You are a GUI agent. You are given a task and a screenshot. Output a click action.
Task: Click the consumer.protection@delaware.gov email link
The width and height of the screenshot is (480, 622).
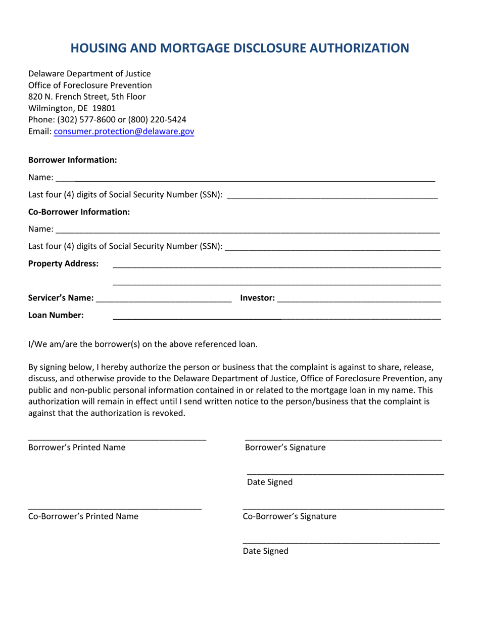124,131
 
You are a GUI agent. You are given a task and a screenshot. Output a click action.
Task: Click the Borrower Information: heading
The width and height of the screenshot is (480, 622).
73,160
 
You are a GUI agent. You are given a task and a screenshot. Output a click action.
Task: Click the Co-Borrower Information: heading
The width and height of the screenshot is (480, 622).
79,212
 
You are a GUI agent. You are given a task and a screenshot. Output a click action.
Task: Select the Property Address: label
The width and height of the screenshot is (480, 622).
63,263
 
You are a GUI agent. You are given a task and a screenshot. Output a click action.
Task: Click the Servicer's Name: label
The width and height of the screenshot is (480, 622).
61,298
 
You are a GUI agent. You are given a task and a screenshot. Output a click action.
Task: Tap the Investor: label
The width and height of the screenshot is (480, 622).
258,298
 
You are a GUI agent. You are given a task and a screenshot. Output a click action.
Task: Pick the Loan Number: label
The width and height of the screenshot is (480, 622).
56,316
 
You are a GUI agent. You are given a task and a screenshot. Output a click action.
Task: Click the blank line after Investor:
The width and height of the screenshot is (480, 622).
359,300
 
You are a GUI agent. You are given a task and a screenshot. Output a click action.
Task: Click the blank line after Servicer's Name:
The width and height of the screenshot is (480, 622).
164,300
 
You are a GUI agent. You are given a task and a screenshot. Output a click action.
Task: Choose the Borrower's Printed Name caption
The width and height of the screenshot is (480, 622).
77,448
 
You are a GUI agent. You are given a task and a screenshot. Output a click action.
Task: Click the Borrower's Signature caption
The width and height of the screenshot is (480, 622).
285,448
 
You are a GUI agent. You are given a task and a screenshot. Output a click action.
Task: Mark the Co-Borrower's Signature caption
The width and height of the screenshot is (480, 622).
290,516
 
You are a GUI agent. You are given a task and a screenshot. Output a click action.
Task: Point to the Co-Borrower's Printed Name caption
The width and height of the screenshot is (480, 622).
83,516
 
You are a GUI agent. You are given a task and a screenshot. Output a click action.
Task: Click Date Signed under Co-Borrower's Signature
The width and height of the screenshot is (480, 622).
266,551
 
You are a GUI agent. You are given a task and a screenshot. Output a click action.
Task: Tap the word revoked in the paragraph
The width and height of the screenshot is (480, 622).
170,413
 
